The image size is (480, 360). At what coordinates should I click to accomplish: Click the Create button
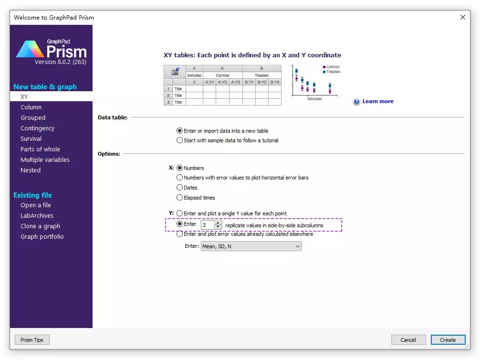pyautogui.click(x=448, y=340)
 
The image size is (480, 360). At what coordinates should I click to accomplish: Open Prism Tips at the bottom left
pyautogui.click(x=32, y=340)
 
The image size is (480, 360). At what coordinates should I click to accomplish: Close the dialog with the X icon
pyautogui.click(x=462, y=17)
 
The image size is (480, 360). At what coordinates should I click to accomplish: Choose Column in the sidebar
pyautogui.click(x=31, y=107)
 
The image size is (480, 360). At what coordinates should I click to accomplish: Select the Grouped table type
pyautogui.click(x=33, y=117)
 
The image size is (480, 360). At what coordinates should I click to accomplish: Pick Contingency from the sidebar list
pyautogui.click(x=37, y=128)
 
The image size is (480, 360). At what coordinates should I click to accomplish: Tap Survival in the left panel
pyautogui.click(x=31, y=139)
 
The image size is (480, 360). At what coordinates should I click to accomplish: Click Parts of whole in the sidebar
pyautogui.click(x=40, y=149)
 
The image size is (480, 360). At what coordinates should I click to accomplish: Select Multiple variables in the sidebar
pyautogui.click(x=45, y=159)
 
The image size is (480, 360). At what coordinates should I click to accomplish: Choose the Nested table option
pyautogui.click(x=31, y=170)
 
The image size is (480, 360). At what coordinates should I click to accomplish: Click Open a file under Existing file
pyautogui.click(x=35, y=205)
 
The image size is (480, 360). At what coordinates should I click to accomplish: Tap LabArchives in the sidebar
pyautogui.click(x=37, y=216)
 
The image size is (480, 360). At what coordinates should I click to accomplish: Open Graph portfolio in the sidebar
pyautogui.click(x=42, y=236)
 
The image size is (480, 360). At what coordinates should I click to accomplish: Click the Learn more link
pyautogui.click(x=378, y=101)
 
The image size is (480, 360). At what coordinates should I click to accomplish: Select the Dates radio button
pyautogui.click(x=180, y=188)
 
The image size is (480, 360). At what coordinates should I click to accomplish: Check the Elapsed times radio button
pyautogui.click(x=180, y=198)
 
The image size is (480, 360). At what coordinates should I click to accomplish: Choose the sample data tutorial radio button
pyautogui.click(x=180, y=140)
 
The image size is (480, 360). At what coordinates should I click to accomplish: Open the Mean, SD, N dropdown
pyautogui.click(x=251, y=246)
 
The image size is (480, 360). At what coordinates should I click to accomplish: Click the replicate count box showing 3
pyautogui.click(x=208, y=225)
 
